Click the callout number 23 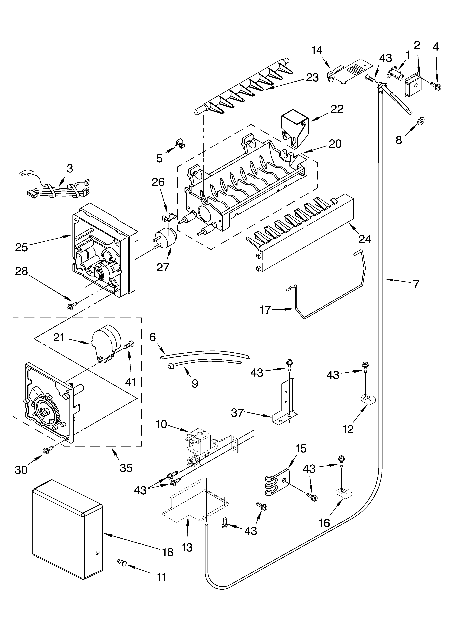[x=312, y=78]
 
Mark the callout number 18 [x=168, y=552]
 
